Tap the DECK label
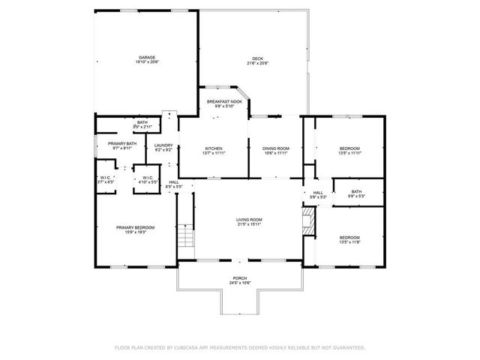pyautogui.click(x=257, y=59)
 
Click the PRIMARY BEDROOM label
pyautogui.click(x=135, y=229)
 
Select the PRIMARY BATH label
pyautogui.click(x=121, y=145)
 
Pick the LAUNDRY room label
pyautogui.click(x=163, y=147)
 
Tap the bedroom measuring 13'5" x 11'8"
pyautogui.click(x=349, y=239)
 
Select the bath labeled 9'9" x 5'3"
pyautogui.click(x=356, y=193)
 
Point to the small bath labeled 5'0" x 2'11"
pyautogui.click(x=142, y=124)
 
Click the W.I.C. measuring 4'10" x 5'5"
pyautogui.click(x=147, y=180)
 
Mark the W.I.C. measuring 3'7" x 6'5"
pyautogui.click(x=105, y=180)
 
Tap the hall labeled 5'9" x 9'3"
pyautogui.click(x=318, y=195)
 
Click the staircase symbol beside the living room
pyautogui.click(x=185, y=240)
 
